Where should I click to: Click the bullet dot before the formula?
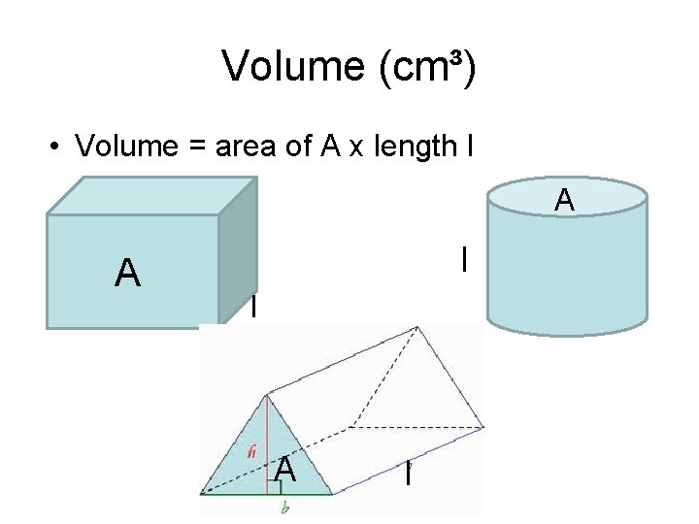(x=58, y=147)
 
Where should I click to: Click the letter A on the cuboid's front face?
(x=127, y=274)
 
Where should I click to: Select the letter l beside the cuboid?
(x=253, y=307)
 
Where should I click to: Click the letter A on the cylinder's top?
(x=564, y=201)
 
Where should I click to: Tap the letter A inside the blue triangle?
(x=284, y=470)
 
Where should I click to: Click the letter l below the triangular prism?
(x=408, y=475)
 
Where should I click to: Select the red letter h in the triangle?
(x=251, y=451)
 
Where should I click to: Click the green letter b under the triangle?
(x=284, y=508)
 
